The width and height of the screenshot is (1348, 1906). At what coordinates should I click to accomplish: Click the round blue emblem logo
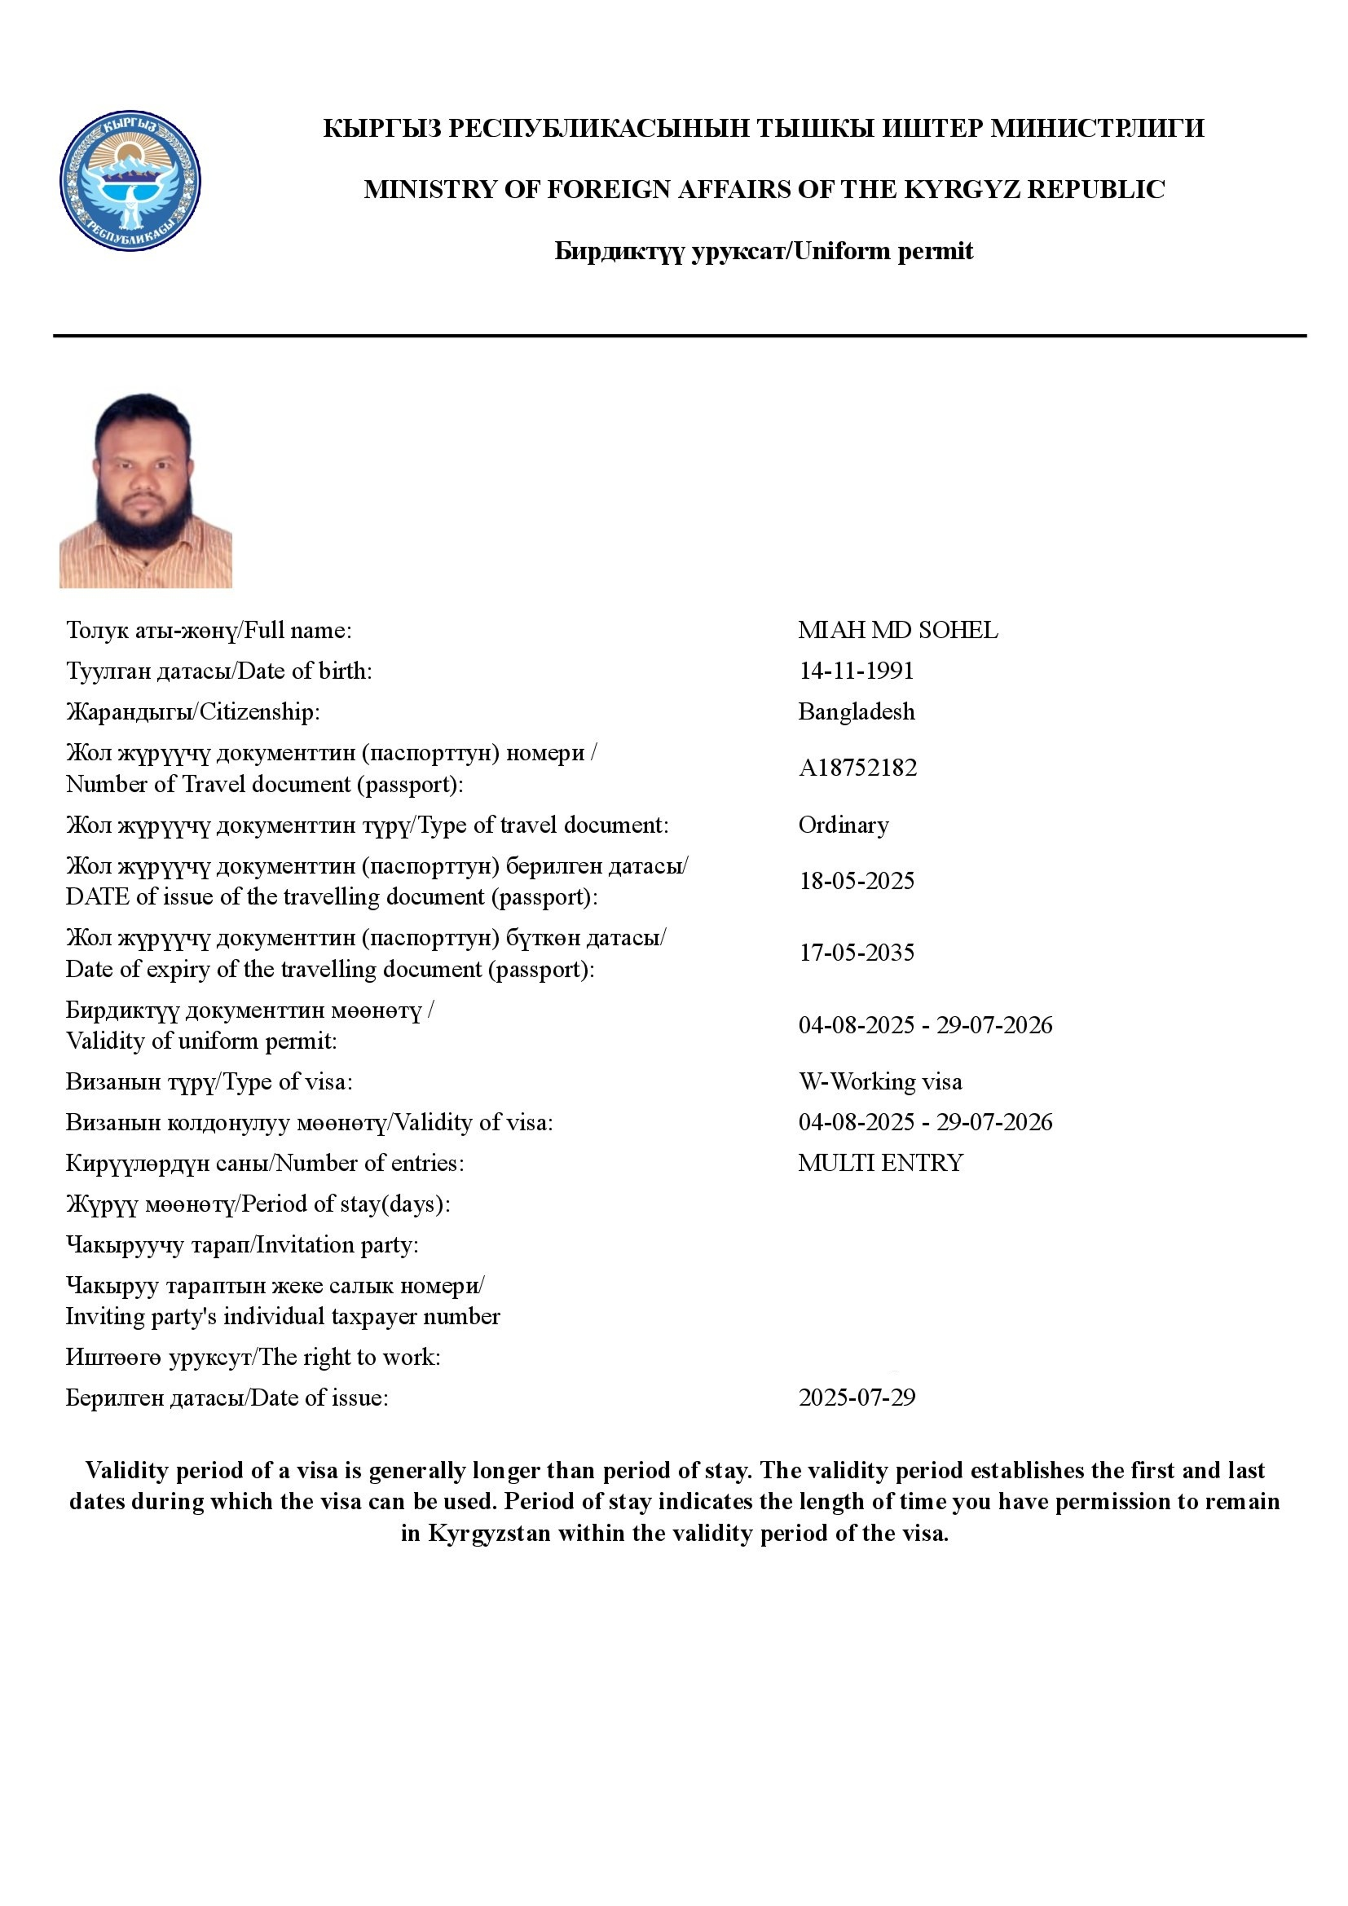130,181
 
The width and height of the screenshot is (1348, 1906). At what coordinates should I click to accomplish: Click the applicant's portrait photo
145,491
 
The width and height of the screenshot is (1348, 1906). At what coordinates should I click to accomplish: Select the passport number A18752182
857,768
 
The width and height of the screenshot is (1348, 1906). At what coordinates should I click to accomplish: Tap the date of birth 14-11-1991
856,671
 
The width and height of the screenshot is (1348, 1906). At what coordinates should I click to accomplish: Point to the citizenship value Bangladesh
856,711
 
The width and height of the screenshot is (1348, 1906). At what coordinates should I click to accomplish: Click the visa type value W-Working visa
880,1081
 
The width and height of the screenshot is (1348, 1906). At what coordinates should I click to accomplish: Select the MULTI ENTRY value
880,1163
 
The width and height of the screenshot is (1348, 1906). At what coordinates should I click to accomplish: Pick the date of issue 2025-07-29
857,1398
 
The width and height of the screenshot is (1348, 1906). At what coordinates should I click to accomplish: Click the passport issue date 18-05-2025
856,881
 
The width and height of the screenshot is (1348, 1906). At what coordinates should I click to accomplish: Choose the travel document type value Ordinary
843,825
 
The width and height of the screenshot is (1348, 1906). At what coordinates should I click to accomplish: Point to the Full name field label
209,630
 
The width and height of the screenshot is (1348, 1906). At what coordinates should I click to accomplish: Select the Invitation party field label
241,1244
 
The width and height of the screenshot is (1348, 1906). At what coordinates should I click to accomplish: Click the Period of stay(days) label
258,1204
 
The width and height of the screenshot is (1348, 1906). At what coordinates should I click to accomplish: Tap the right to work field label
253,1358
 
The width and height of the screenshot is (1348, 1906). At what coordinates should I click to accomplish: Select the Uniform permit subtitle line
763,251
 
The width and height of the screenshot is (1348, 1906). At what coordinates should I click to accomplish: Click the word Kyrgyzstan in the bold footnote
489,1534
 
